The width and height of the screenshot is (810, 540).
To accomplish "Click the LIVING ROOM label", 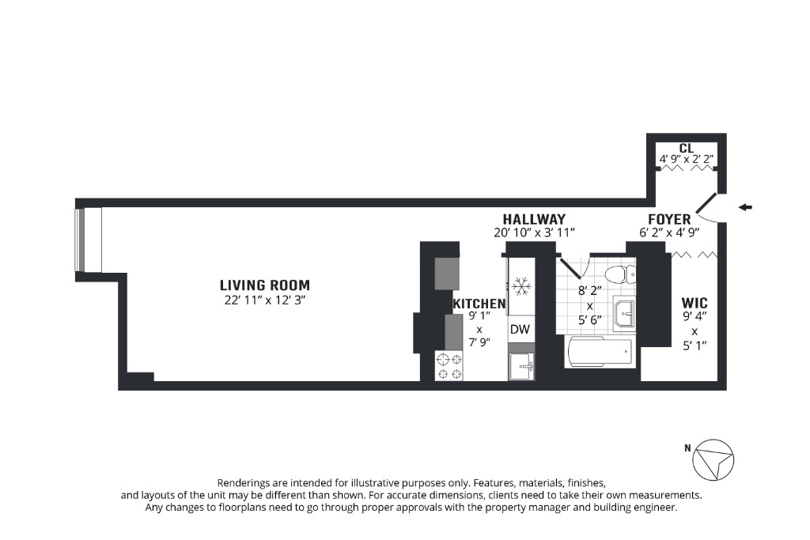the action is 265,285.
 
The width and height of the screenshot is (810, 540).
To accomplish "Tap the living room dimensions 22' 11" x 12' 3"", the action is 265,300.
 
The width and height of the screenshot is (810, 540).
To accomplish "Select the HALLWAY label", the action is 534,220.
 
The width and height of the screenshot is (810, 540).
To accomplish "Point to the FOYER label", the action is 669,220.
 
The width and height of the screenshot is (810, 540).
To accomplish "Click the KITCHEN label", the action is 479,304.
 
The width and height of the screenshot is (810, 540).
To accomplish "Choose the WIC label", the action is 695,303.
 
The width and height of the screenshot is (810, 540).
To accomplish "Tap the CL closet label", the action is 687,149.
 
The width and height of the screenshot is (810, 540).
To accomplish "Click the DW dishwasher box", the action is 520,330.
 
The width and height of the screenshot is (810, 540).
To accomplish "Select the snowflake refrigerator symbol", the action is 522,286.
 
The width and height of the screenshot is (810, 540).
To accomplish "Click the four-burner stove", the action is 449,366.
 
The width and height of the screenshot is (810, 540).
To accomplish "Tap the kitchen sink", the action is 521,367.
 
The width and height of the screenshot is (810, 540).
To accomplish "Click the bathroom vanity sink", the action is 624,313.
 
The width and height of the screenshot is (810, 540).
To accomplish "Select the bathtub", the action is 600,352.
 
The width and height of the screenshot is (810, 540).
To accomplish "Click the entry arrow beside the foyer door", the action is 745,207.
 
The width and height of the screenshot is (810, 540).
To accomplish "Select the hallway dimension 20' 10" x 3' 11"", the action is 534,232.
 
